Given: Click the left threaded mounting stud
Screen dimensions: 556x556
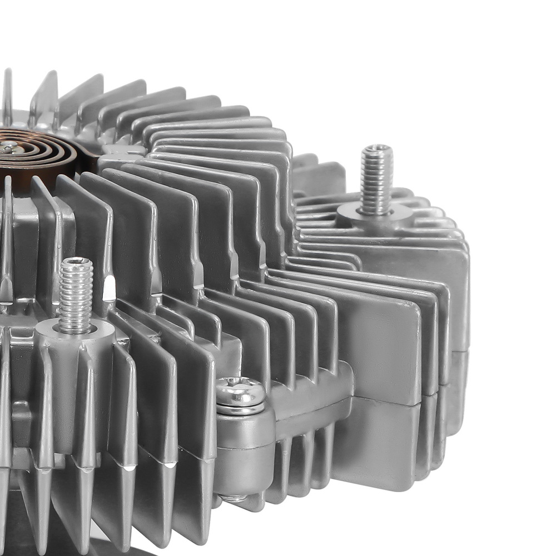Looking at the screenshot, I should click(76, 295).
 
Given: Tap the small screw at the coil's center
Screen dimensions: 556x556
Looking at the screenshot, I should click(8, 147).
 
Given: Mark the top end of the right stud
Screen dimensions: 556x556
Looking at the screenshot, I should click(376, 149).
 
